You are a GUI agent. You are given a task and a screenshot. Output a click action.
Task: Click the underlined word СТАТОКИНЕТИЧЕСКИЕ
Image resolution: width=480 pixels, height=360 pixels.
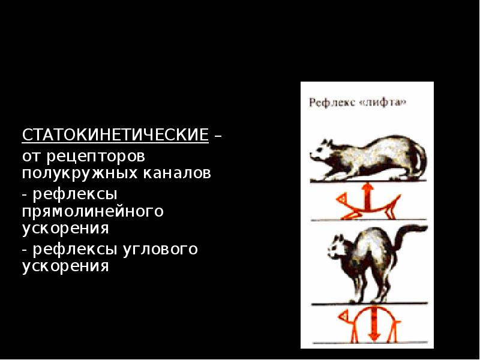point(115,134)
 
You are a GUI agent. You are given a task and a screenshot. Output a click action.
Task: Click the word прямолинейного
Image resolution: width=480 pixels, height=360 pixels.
point(93,212)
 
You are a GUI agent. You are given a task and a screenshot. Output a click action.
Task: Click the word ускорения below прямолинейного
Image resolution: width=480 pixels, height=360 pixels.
point(65,229)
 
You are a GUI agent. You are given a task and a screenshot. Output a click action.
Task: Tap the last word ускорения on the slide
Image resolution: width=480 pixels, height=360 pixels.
point(65,266)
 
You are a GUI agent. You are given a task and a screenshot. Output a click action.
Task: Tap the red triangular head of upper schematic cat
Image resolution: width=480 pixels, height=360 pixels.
point(342,198)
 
